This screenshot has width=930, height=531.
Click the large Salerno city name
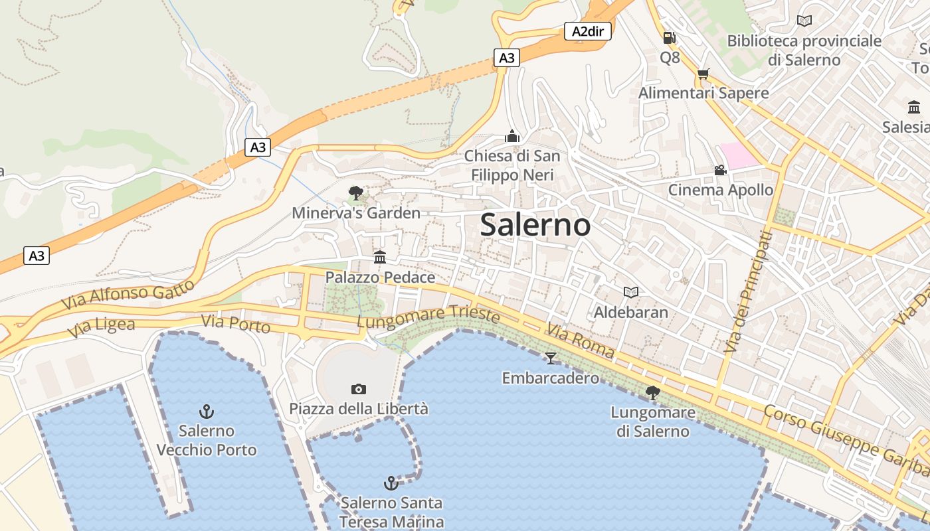(535, 225)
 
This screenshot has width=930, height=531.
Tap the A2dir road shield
(587, 31)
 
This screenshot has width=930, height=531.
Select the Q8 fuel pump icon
(670, 38)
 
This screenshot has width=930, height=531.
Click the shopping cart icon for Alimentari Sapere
(703, 74)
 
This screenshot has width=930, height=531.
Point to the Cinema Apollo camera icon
(720, 171)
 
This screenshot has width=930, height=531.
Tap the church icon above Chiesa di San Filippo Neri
(512, 136)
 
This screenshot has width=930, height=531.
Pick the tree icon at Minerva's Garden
(356, 193)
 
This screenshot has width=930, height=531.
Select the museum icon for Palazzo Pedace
(380, 257)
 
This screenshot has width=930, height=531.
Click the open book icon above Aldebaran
(630, 292)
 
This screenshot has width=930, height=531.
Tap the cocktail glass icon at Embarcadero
(550, 358)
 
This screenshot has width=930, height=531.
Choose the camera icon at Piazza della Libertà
(359, 389)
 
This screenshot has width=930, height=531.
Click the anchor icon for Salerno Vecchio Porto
(207, 412)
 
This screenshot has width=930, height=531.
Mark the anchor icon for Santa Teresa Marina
(391, 483)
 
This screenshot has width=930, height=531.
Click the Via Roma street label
(580, 341)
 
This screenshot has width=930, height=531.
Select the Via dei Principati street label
(748, 291)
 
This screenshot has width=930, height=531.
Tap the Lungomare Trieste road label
(428, 317)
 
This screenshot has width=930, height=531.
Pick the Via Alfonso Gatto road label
(130, 293)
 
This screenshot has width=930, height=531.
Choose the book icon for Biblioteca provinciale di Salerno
(804, 21)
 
